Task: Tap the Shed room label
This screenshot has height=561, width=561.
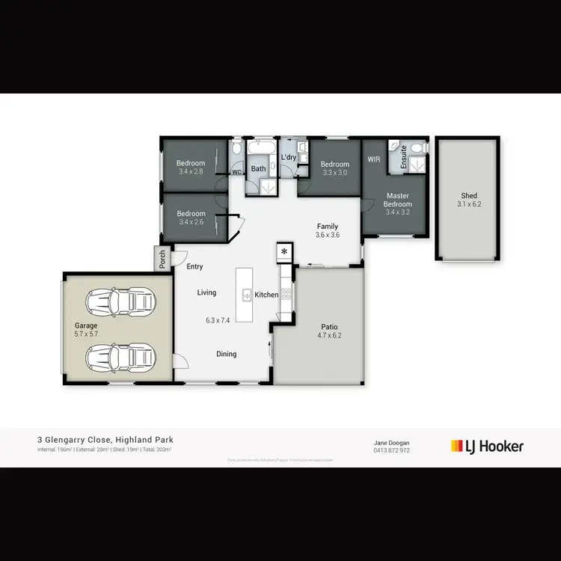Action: (x=469, y=196)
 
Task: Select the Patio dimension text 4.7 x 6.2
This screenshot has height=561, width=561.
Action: (x=330, y=337)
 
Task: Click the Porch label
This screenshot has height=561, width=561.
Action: (x=163, y=259)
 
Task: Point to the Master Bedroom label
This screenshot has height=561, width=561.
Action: (x=398, y=200)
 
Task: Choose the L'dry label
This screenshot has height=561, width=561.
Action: (x=289, y=157)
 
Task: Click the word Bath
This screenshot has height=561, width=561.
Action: (x=258, y=169)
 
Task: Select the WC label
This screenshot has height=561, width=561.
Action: (x=237, y=172)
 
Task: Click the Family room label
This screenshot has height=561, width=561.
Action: (x=328, y=226)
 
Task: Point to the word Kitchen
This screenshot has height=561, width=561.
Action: (x=266, y=295)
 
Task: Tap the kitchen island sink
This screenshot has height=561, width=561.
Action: (x=246, y=295)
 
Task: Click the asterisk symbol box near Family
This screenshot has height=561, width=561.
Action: (x=284, y=251)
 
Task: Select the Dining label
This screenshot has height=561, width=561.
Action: (x=227, y=354)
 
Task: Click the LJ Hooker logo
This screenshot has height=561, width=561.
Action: (x=487, y=447)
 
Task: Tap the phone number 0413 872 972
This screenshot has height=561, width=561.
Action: (x=391, y=451)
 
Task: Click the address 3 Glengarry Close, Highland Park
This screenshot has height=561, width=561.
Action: (x=106, y=440)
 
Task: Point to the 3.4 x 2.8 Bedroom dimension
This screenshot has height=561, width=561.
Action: (x=191, y=171)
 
